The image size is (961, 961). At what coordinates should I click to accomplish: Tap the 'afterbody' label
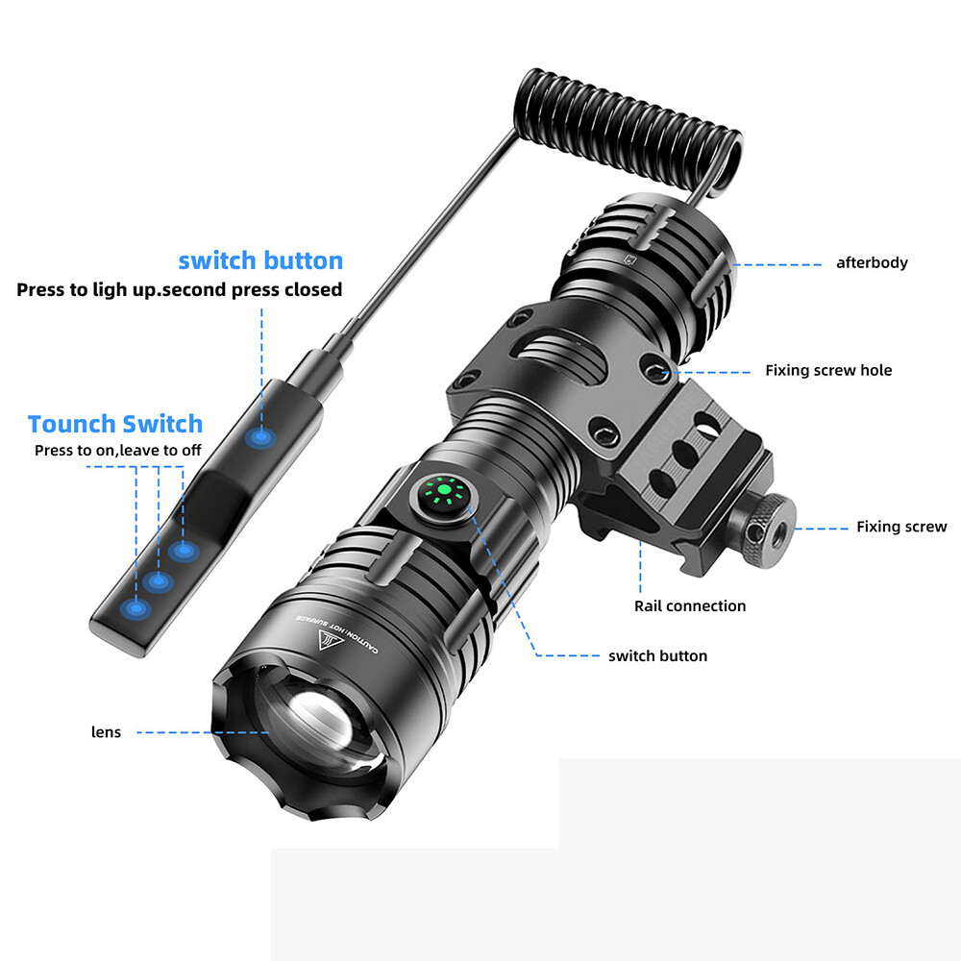coord(872,263)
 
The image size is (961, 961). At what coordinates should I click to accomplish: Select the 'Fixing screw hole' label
coord(828,370)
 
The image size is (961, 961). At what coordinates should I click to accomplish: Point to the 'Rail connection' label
coord(689,606)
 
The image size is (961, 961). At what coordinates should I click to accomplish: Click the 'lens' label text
coord(106,731)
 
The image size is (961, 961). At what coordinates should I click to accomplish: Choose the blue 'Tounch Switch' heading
coord(115,424)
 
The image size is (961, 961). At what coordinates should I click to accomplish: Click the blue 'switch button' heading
coord(260,260)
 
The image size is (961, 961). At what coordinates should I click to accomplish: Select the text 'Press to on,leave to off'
coord(117,451)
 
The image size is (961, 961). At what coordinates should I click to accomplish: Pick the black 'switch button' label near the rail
coord(657,655)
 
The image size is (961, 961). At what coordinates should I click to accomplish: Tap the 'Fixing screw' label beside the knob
coord(901,527)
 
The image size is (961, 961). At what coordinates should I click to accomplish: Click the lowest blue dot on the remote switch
coord(136,609)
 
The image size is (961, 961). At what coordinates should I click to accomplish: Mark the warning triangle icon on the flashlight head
coord(329,639)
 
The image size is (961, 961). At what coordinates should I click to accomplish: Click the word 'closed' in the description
coord(313,289)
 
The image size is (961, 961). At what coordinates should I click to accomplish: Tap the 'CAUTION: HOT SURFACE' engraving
coord(336,635)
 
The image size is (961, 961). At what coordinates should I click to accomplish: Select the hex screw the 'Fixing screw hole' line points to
coord(655,370)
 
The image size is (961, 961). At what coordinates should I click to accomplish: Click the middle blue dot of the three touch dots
coord(159,579)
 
